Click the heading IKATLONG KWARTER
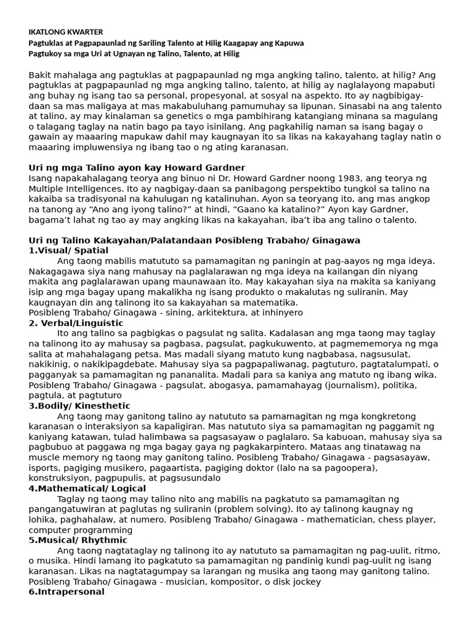66,32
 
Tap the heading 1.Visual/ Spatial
68,251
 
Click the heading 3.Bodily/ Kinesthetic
79,406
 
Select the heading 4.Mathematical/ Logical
87,489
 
